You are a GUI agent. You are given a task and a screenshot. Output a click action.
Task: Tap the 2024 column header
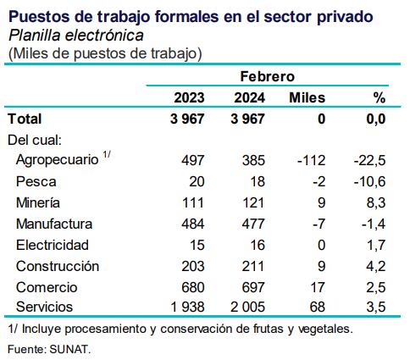tap(250, 97)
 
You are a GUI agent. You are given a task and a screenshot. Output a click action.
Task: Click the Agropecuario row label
tap(56, 160)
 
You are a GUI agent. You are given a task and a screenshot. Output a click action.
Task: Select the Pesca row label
tap(34, 181)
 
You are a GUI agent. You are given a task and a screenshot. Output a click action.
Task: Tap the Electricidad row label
tap(52, 245)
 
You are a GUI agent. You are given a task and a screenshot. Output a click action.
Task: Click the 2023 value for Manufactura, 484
tap(193, 224)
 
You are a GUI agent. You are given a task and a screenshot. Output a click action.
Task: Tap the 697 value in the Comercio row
tap(253, 287)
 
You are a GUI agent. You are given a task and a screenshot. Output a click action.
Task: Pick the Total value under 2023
tap(187, 119)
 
